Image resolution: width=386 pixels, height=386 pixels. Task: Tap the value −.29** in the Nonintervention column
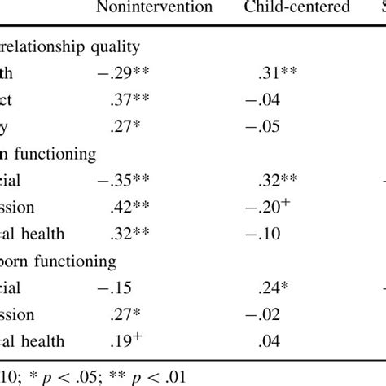pos(121,73)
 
